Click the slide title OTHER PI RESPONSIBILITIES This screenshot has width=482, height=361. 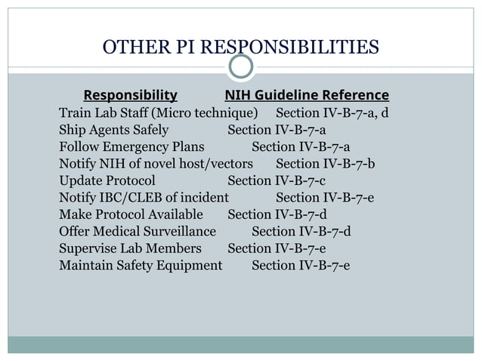click(x=241, y=49)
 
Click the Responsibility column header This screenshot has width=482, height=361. click(x=130, y=96)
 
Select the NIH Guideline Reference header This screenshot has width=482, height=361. click(x=307, y=96)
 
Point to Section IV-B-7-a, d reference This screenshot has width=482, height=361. click(x=332, y=114)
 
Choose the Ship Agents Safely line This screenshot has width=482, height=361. click(x=113, y=131)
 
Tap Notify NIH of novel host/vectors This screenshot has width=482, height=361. click(x=156, y=164)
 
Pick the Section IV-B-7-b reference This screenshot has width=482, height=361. click(x=326, y=164)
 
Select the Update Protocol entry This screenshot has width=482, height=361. click(x=107, y=180)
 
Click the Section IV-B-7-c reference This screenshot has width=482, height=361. click(x=277, y=180)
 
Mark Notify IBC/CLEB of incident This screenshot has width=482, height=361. click(x=144, y=198)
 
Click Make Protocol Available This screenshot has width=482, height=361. click(x=131, y=214)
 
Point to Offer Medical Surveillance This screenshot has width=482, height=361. click(x=137, y=231)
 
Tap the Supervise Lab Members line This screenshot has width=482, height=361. click(x=130, y=248)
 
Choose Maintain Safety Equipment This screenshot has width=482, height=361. click(x=141, y=265)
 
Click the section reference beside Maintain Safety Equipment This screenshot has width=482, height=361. click(x=301, y=265)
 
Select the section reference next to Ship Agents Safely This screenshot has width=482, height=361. click(x=277, y=131)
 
